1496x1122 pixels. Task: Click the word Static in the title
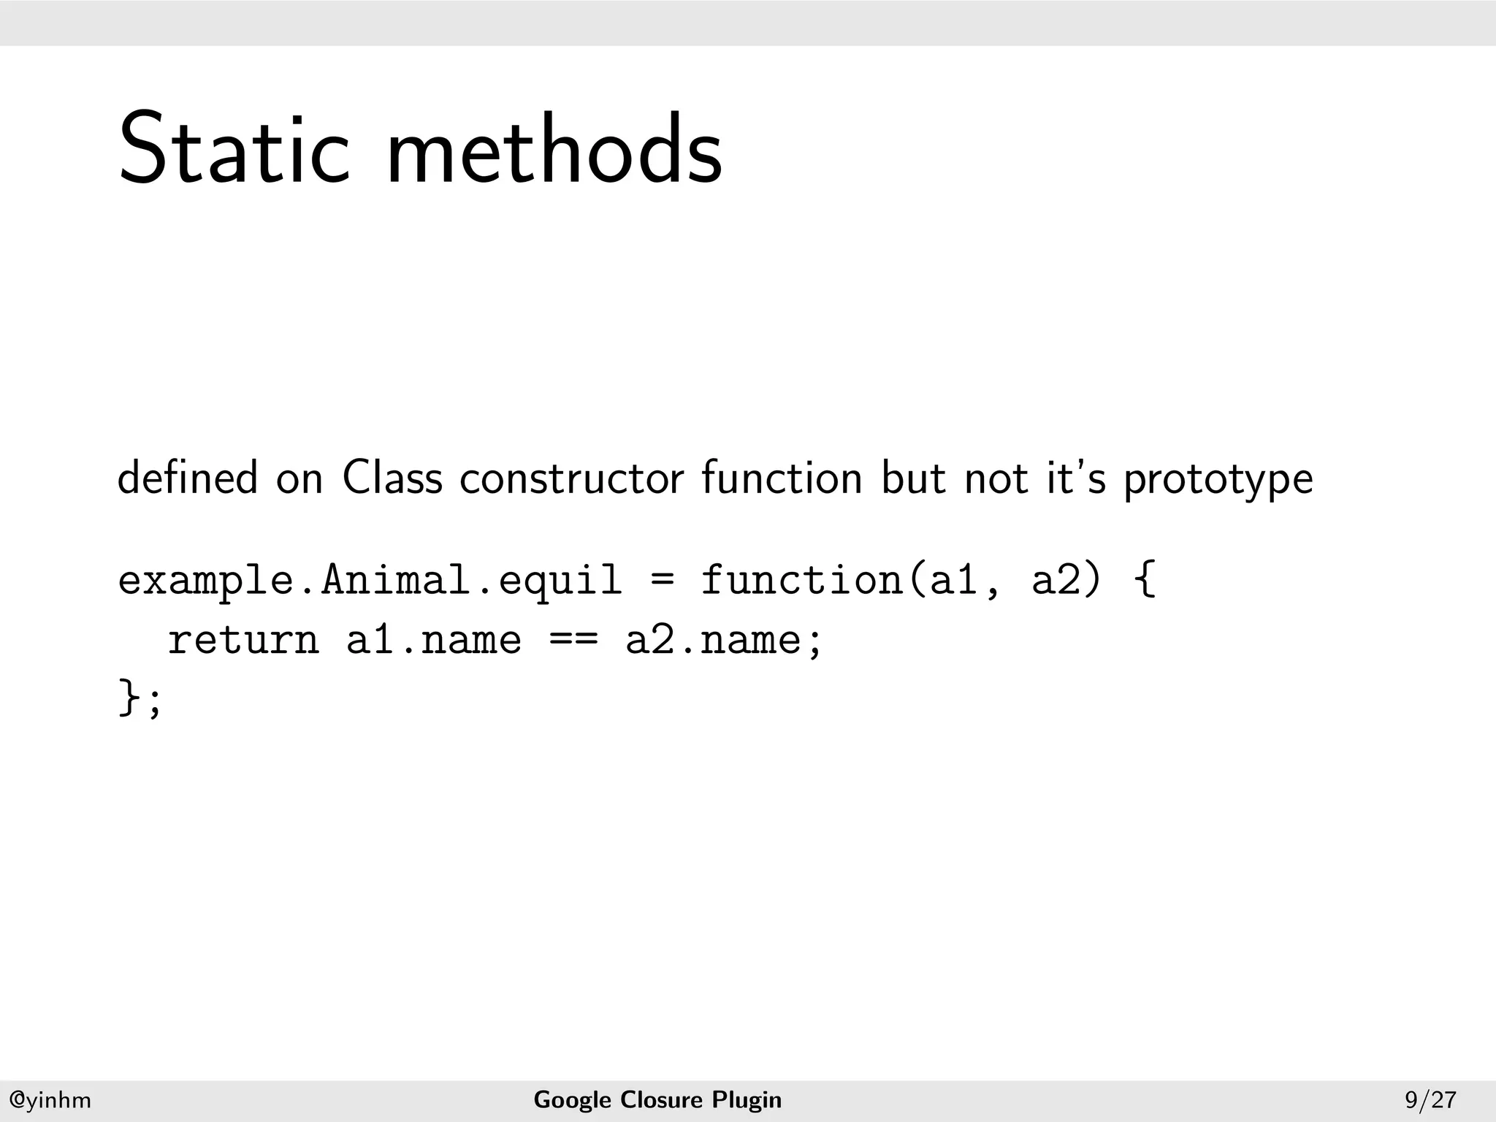[234, 149]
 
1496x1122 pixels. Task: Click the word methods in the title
[554, 149]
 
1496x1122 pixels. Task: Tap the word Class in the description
[392, 478]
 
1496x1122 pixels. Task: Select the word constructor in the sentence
[572, 478]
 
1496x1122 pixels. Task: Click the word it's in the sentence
[1076, 478]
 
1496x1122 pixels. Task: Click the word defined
[188, 478]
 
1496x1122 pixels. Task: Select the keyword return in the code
[243, 641]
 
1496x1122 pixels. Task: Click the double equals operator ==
[573, 641]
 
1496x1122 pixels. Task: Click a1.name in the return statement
[434, 641]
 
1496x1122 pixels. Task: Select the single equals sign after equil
[661, 581]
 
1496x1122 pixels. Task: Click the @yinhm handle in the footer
[50, 1100]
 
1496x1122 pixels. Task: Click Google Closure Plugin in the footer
[657, 1100]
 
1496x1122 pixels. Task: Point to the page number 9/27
[1430, 1100]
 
